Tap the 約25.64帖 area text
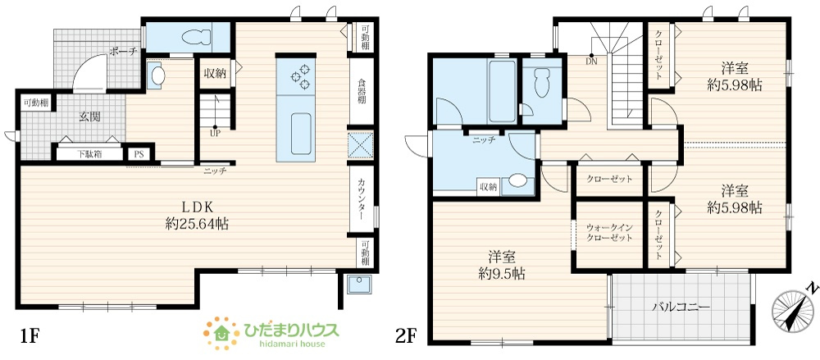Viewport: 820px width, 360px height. pos(196,224)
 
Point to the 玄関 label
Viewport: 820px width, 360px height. pos(89,116)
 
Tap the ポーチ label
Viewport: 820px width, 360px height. pos(124,52)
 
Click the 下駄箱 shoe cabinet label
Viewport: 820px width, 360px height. pos(89,154)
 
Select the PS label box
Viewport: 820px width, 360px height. pos(139,154)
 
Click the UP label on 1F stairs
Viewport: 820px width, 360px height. pos(215,134)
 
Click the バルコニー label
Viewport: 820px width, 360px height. pos(681,307)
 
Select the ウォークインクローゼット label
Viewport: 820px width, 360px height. pos(609,232)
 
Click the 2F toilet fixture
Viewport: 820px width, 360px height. pos(540,82)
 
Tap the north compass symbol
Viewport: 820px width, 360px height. pos(790,308)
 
